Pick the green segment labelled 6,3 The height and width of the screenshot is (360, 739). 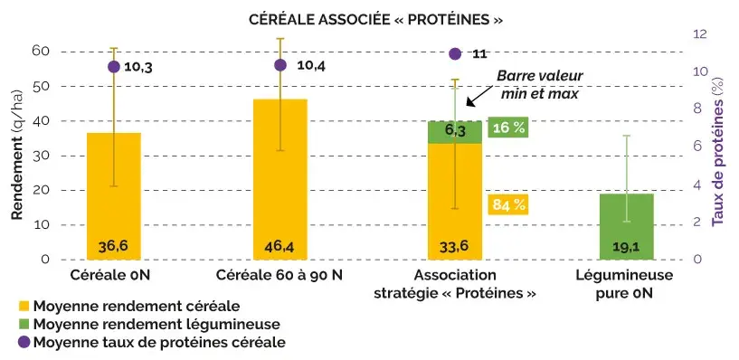(455, 132)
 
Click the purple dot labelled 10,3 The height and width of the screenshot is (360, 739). (114, 67)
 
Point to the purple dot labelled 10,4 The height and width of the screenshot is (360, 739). (279, 65)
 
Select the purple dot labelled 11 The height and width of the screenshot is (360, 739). (455, 54)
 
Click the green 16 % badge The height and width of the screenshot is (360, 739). (507, 128)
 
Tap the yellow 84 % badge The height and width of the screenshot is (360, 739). (507, 204)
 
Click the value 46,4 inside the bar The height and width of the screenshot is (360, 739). (279, 246)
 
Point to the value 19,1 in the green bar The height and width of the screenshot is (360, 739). (626, 246)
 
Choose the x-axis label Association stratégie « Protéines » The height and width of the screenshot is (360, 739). (455, 285)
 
